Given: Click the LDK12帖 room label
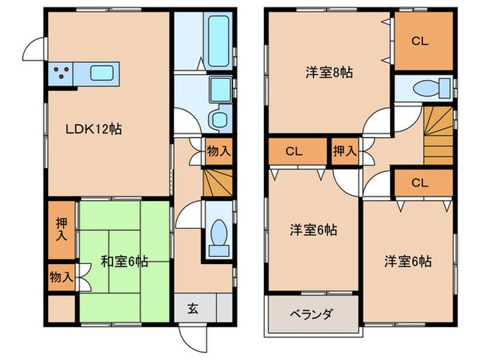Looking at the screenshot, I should pos(94,129).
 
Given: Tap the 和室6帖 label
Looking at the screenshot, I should pos(124,261).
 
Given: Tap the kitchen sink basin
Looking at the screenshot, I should pos(101,72).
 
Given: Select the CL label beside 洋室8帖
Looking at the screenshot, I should pos(420,42).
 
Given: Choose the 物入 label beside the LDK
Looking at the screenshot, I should pos(218,152).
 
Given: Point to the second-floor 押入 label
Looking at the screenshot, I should pos(346,152).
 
